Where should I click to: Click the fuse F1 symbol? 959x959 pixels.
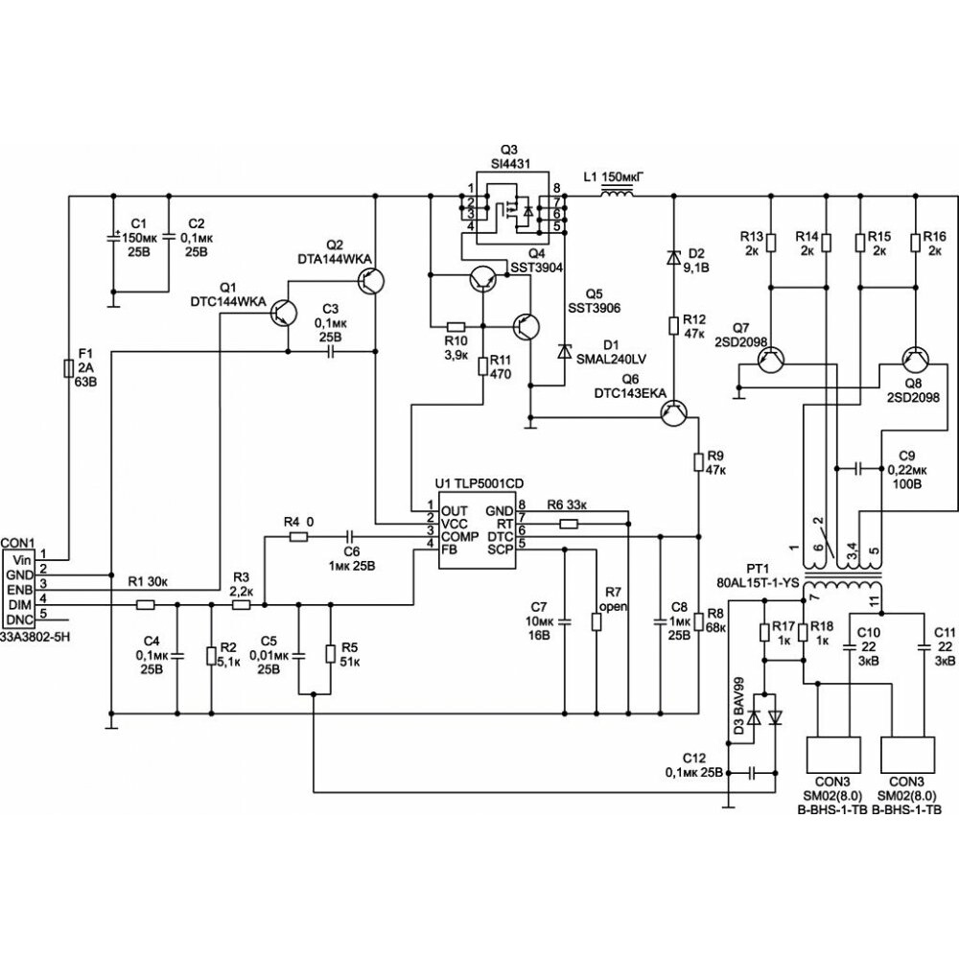pyautogui.click(x=69, y=369)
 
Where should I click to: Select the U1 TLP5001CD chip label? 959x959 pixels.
pyautogui.click(x=479, y=483)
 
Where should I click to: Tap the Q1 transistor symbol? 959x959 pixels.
pyautogui.click(x=283, y=313)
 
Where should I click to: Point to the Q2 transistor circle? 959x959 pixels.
pyautogui.click(x=372, y=281)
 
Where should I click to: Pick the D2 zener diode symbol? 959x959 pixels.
pyautogui.click(x=673, y=257)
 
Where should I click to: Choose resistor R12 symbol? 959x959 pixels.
pyautogui.click(x=673, y=325)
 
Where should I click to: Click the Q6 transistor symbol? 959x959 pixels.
pyautogui.click(x=674, y=414)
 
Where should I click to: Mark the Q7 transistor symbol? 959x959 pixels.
pyautogui.click(x=770, y=361)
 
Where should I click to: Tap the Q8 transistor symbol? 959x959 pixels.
pyautogui.click(x=916, y=361)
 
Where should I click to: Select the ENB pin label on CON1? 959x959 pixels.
pyautogui.click(x=19, y=590)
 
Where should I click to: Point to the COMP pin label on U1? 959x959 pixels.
pyautogui.click(x=460, y=536)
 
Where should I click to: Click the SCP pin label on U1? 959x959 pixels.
pyautogui.click(x=501, y=550)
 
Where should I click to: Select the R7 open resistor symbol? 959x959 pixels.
pyautogui.click(x=596, y=622)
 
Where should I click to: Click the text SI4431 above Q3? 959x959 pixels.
pyautogui.click(x=511, y=164)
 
